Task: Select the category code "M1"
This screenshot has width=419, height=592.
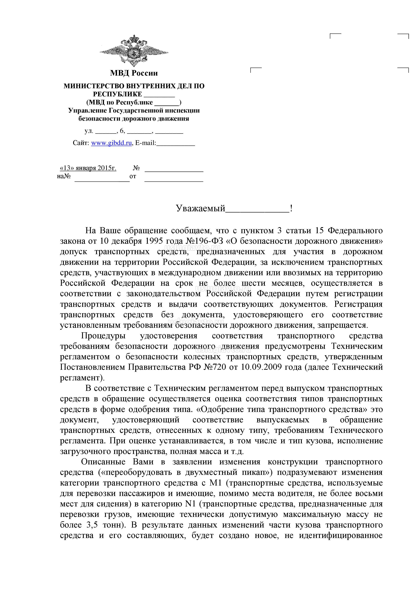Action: coord(215,483)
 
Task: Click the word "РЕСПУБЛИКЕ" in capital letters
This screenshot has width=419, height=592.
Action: coord(118,94)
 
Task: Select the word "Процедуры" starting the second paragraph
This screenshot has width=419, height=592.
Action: coord(103,336)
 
